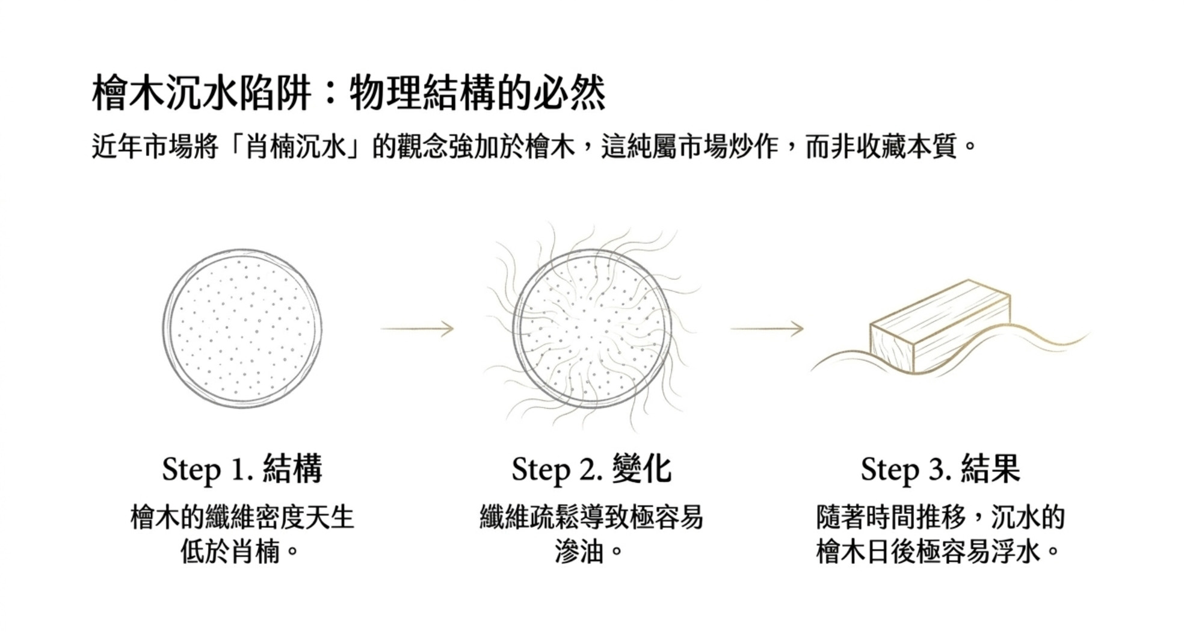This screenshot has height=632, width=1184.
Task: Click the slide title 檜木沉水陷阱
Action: click(202, 93)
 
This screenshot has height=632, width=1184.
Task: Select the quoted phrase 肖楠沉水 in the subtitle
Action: click(295, 146)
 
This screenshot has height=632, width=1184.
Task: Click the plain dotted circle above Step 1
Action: click(241, 329)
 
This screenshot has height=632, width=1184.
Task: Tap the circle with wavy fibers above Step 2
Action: click(593, 329)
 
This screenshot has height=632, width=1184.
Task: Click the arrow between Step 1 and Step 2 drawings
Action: click(417, 329)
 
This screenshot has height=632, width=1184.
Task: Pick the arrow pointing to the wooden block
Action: click(767, 329)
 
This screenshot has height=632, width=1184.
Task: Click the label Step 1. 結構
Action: click(242, 469)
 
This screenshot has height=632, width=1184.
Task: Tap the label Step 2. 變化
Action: click(591, 469)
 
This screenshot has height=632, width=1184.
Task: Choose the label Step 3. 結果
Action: click(940, 469)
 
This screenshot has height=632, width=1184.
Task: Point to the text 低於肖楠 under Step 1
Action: click(230, 551)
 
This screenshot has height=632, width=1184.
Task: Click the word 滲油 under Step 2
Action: click(579, 551)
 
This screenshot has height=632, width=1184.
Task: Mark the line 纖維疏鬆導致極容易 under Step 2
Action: click(591, 517)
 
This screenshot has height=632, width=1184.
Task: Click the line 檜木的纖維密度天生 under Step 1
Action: click(242, 517)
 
